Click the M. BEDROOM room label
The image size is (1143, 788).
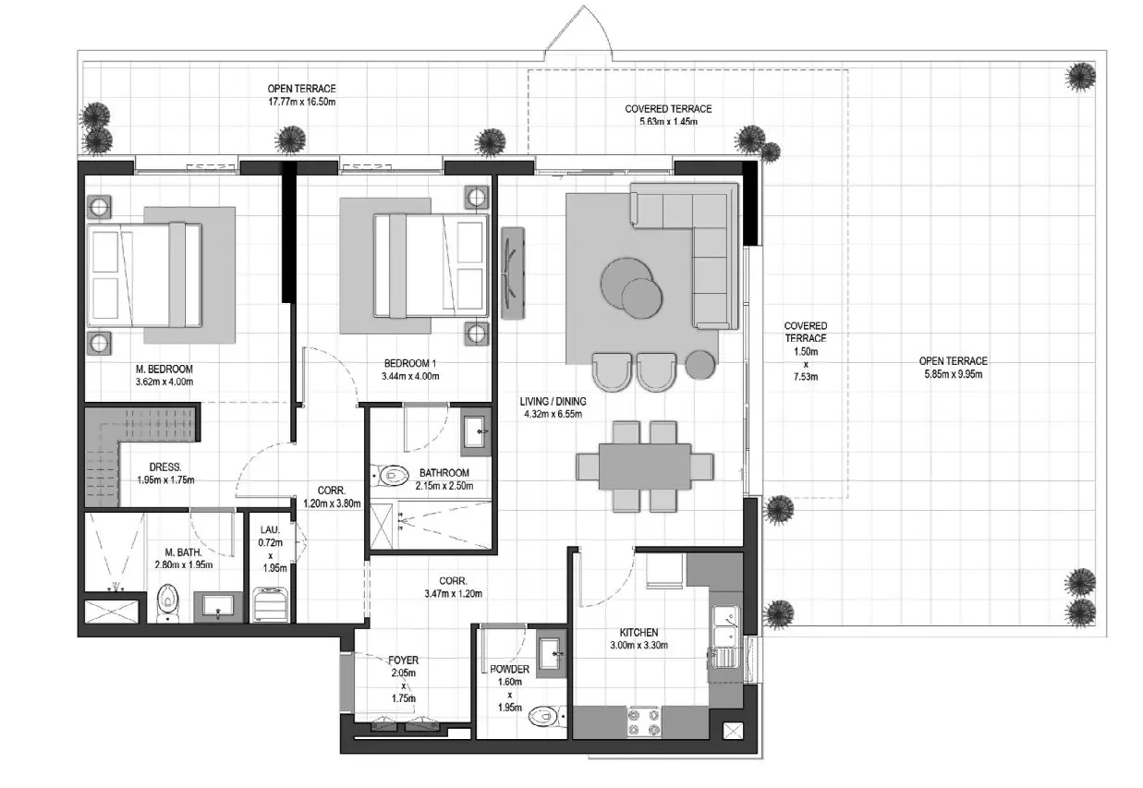(164, 369)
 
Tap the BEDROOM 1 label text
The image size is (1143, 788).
(410, 364)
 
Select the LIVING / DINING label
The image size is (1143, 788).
(553, 402)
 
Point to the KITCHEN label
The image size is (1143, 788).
(638, 633)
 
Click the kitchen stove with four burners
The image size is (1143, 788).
(644, 722)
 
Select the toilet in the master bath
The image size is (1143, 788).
(167, 603)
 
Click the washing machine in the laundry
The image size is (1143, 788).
(271, 605)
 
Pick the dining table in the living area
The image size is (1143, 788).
(645, 467)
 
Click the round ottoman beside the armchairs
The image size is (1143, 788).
(699, 365)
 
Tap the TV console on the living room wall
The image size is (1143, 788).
(513, 273)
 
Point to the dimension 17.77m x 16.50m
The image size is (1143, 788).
(302, 102)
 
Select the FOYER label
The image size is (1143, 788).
(403, 660)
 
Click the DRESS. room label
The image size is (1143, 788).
(165, 467)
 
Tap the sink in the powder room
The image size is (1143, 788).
(551, 653)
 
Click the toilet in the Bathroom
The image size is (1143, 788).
(390, 477)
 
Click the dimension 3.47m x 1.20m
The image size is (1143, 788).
(453, 594)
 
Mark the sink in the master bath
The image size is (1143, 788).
(218, 607)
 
